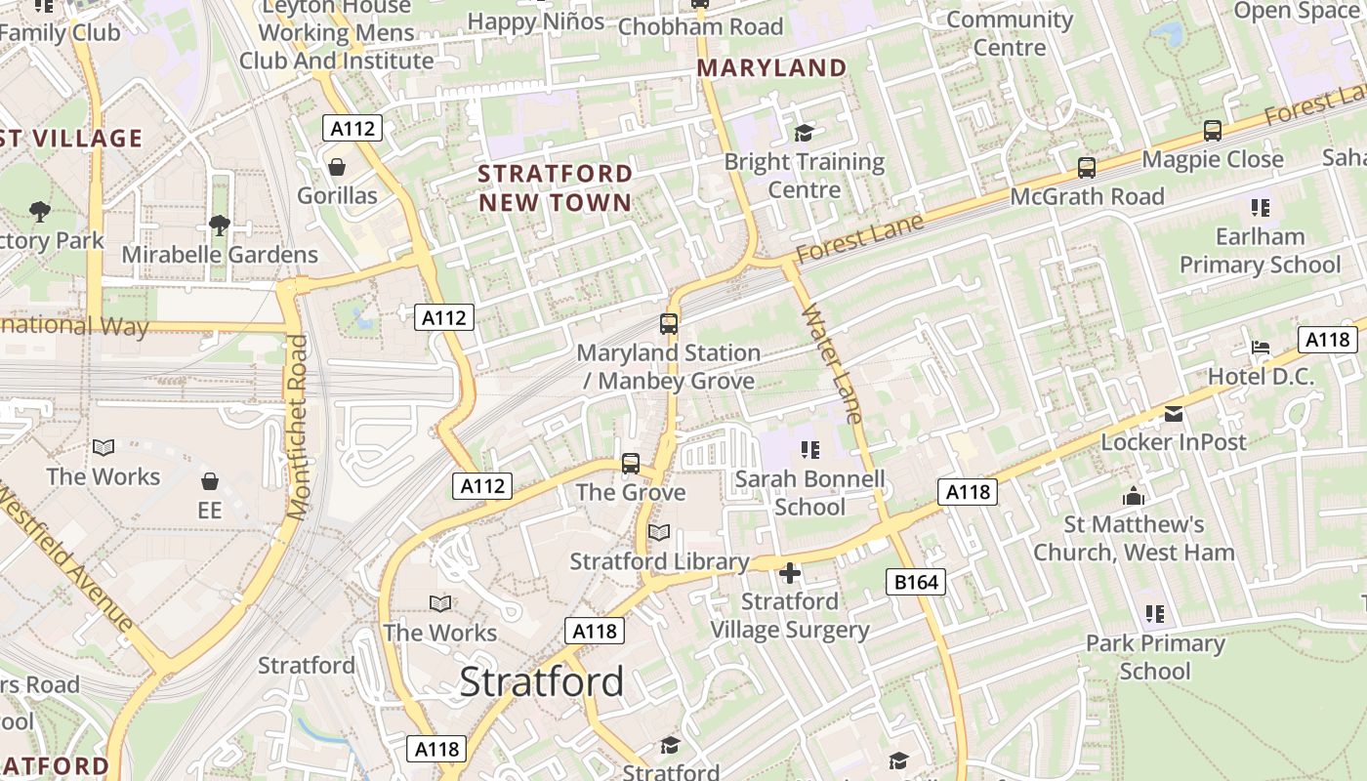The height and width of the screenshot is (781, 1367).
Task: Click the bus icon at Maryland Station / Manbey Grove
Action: tap(669, 324)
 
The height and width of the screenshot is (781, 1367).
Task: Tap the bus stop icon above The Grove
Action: tap(631, 464)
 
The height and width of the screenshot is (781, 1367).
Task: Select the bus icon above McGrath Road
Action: tap(1087, 168)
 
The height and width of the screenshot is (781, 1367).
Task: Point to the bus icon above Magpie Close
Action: tap(1213, 131)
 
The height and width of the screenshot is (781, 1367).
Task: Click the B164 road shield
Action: tap(916, 583)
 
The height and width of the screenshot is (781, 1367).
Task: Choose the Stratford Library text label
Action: tap(659, 561)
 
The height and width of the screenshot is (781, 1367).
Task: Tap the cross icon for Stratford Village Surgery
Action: tap(790, 572)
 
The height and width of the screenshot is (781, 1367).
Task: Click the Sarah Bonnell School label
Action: tap(809, 493)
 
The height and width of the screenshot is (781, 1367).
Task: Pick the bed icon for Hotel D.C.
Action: tap(1261, 349)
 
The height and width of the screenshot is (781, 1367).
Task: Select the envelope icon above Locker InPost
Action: tap(1174, 414)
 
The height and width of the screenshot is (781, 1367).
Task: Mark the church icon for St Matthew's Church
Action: tap(1134, 497)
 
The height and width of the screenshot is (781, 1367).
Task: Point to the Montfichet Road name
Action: tap(298, 427)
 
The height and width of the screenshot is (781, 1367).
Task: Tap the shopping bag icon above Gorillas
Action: tap(337, 167)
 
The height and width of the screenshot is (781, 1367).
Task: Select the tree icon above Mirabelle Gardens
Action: tap(220, 226)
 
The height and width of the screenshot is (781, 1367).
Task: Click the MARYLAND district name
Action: tap(771, 68)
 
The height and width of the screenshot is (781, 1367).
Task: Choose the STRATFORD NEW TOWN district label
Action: tap(555, 188)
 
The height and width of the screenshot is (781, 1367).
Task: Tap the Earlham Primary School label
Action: tap(1260, 251)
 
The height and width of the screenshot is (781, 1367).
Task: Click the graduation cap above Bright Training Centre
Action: tap(804, 133)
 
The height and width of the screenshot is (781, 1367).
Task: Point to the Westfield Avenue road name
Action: tap(66, 557)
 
